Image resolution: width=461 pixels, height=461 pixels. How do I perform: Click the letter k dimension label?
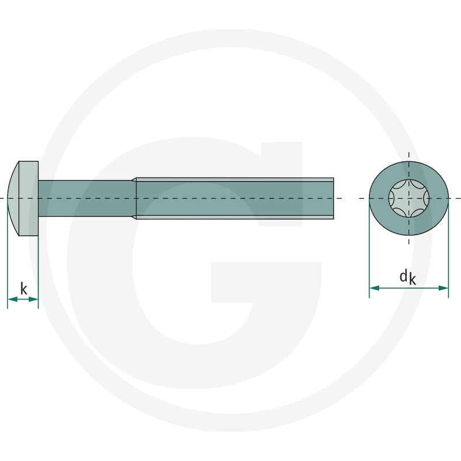pos(24,289)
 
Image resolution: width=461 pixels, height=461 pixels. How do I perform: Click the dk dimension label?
pos(408,278)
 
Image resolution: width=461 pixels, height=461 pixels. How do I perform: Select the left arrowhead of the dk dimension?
pos(374,288)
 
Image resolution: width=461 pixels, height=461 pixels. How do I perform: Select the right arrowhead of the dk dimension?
pos(443,288)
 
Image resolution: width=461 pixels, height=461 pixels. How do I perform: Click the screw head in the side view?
pos(23,198)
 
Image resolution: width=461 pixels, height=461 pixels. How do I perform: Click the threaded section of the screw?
pos(235,198)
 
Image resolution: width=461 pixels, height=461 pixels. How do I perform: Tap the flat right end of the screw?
pos(334,198)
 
